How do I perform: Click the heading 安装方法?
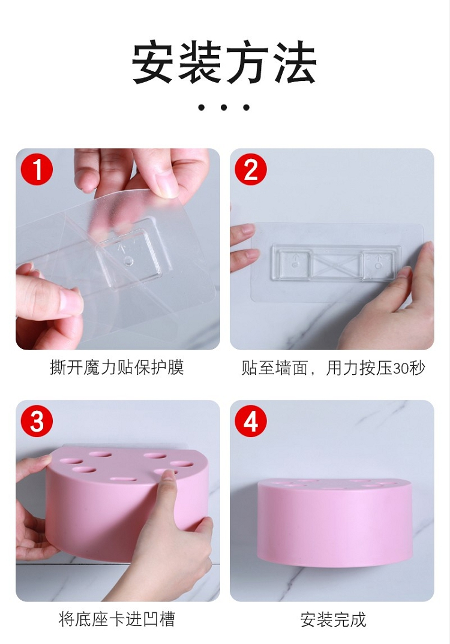coord(224,62)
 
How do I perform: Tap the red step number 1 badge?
coord(37,169)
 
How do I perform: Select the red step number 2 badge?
coord(251,169)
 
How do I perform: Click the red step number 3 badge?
coord(37,421)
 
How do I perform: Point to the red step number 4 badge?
coord(251,421)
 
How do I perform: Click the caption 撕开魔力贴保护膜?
coord(117,367)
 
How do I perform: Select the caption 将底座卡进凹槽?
coord(117,619)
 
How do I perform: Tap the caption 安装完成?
coord(333,619)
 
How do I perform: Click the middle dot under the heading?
coord(224,107)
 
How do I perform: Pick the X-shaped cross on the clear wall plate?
coord(337,265)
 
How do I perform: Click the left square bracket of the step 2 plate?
coord(295,264)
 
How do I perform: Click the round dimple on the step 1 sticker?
coord(128,261)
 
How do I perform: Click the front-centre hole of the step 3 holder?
coord(124,479)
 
